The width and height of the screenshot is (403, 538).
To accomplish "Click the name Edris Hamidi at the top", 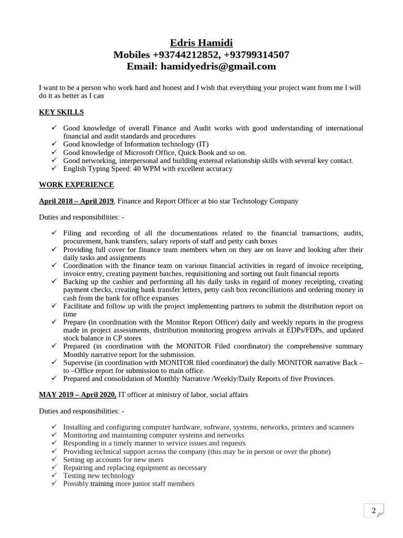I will click(x=201, y=43).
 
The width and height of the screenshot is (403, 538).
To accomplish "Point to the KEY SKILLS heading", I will click(x=61, y=112).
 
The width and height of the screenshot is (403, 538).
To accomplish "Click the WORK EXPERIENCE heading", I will click(x=76, y=184).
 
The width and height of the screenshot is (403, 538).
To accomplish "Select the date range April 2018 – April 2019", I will click(x=76, y=201).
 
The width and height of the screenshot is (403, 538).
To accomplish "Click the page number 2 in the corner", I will click(x=374, y=511).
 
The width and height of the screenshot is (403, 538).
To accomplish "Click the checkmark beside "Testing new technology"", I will click(x=54, y=475).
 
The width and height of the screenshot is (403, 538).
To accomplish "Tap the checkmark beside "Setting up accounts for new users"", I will click(x=54, y=459).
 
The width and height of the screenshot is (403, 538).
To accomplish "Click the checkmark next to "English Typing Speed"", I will click(x=54, y=169).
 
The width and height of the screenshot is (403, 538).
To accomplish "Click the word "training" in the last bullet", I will click(x=102, y=483).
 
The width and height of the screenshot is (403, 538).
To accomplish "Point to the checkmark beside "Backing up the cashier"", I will click(x=54, y=282).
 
